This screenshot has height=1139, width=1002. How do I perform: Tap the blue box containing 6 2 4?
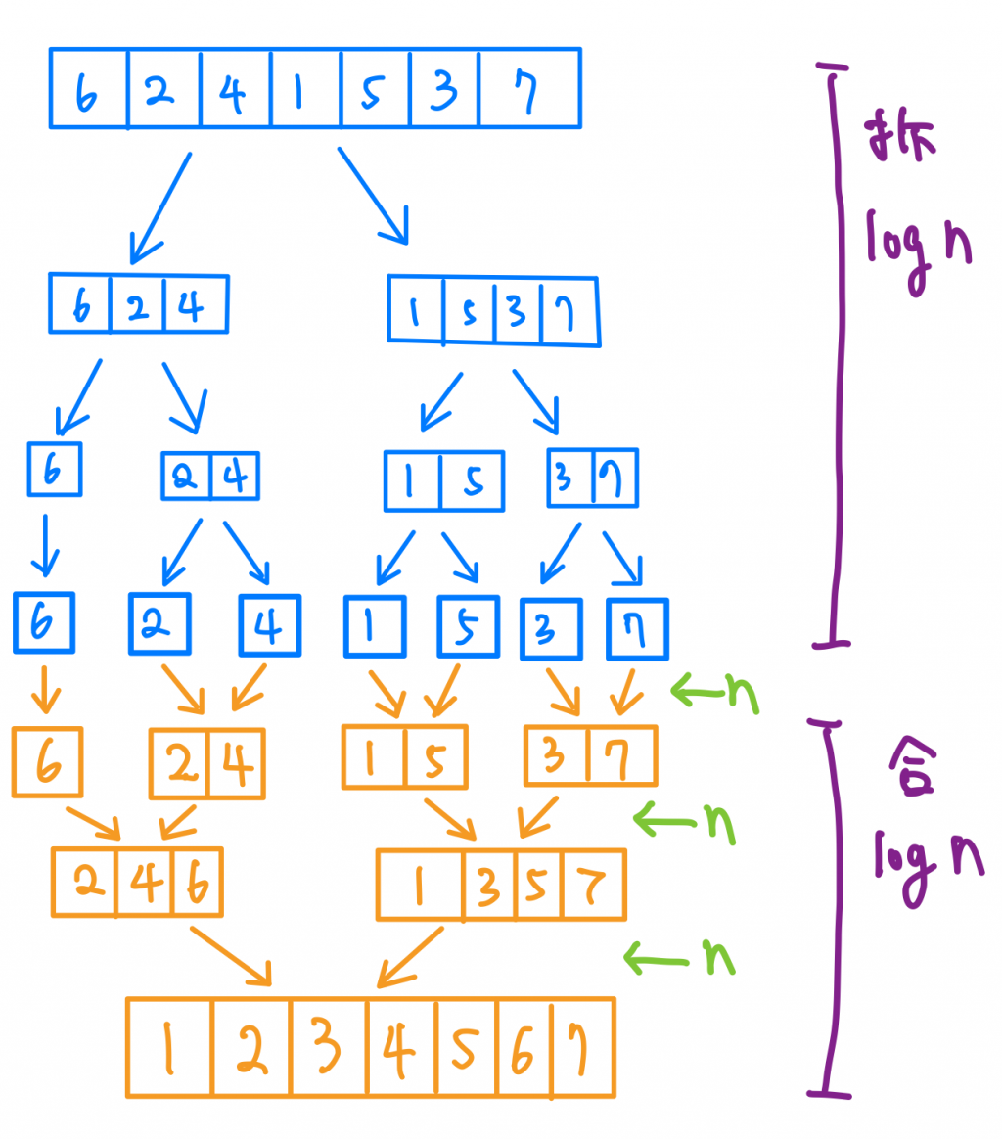coord(138,303)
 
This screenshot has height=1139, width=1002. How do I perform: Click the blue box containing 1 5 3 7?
coord(494,311)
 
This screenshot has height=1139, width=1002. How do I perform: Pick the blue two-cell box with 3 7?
coord(593,478)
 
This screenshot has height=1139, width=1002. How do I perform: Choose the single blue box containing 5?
coord(468,626)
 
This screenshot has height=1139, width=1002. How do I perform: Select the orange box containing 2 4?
coord(206,763)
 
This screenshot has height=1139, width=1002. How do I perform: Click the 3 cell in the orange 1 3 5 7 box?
coord(489,887)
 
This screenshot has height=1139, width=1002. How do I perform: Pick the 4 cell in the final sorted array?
coord(402,1047)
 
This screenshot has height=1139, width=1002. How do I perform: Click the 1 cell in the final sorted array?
coord(169,1047)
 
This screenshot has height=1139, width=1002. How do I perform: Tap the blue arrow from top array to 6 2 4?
coord(160,205)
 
